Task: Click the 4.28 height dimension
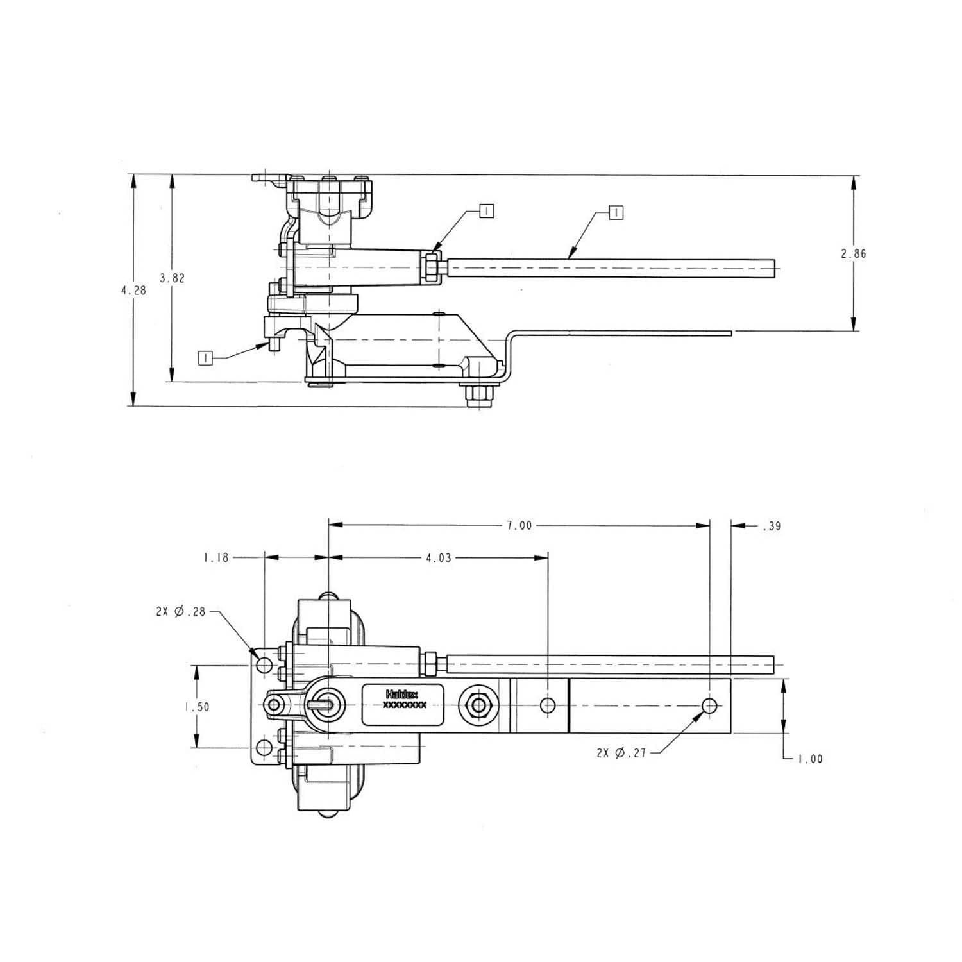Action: tap(133, 290)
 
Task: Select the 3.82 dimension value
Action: tap(172, 278)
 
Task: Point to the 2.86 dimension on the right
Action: tap(854, 253)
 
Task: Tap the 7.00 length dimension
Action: tap(519, 525)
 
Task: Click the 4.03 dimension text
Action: tap(439, 558)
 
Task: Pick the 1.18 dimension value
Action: tap(216, 558)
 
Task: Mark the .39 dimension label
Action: tap(772, 526)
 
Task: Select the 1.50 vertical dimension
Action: tap(197, 707)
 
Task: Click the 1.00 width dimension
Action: tap(810, 759)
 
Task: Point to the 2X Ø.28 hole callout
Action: tap(181, 611)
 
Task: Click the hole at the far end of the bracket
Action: tap(709, 705)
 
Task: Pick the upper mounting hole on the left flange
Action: tap(264, 665)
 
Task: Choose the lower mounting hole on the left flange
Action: tap(263, 748)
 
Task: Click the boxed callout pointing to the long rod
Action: tap(616, 212)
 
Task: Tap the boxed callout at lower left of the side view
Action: tap(205, 358)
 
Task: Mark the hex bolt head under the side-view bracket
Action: tap(480, 395)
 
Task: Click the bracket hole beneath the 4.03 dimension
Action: tap(548, 705)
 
